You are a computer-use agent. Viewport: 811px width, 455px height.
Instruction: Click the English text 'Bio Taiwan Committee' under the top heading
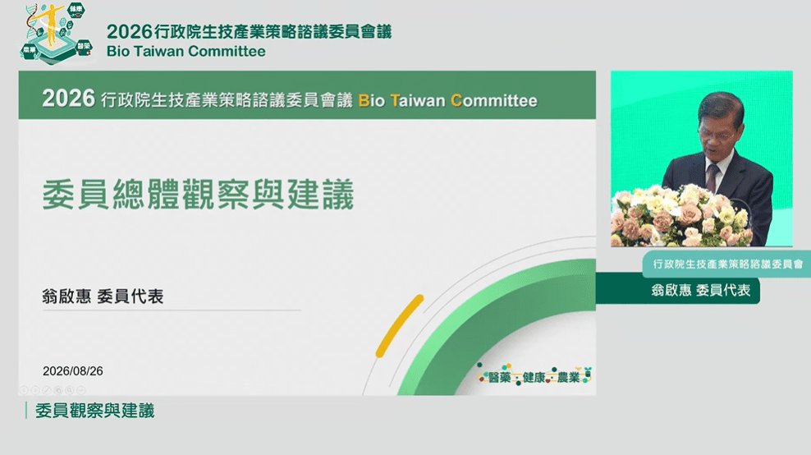click(x=186, y=51)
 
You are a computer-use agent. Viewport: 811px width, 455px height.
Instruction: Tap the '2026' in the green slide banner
click(x=69, y=99)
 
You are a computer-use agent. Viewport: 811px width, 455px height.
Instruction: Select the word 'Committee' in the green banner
click(x=494, y=100)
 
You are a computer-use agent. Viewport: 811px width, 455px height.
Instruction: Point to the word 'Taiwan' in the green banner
click(x=417, y=100)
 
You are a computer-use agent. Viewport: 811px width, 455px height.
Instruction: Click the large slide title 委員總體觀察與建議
click(x=198, y=195)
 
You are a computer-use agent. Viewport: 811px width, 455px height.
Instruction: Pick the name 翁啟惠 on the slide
click(x=66, y=296)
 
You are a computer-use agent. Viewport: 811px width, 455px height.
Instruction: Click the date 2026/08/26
click(x=73, y=371)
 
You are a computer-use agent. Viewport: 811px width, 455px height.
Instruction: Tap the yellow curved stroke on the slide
click(x=399, y=326)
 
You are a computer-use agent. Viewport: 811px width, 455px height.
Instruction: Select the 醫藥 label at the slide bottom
click(x=500, y=378)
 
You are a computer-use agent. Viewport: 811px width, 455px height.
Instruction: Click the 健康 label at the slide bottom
click(x=534, y=378)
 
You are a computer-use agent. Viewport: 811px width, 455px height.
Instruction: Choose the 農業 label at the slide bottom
click(x=568, y=378)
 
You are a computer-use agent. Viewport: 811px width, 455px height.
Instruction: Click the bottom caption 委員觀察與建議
click(x=95, y=411)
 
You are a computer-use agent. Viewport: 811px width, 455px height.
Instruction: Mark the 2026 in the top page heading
click(x=130, y=31)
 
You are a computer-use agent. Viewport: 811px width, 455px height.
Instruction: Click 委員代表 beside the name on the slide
click(x=131, y=296)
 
